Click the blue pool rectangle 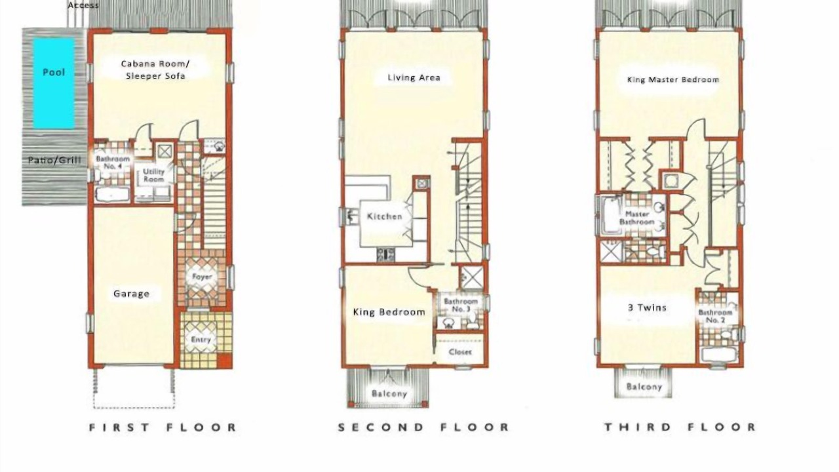54,83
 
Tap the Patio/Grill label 54,161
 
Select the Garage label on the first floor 132,294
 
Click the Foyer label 203,277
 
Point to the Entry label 201,340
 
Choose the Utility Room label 154,175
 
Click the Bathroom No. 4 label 113,162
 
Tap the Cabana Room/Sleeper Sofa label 155,69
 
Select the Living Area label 414,77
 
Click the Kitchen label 385,216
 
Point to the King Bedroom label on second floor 389,312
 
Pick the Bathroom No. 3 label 461,305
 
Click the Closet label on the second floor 460,352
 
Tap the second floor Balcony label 389,394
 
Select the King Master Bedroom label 673,80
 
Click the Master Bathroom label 637,218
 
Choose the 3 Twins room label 647,308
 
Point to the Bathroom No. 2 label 715,316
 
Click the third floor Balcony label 644,387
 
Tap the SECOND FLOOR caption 423,427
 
